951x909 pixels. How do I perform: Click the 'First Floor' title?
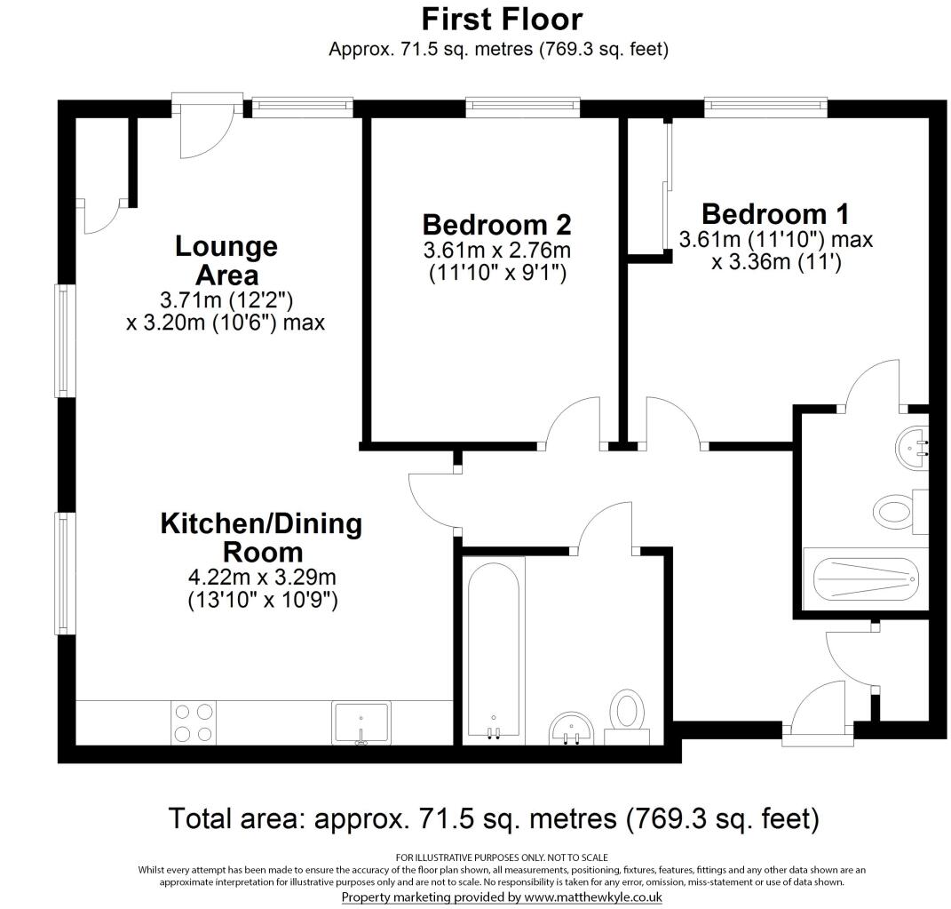coord(502,19)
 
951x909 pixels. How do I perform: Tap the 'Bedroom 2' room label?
coord(496,223)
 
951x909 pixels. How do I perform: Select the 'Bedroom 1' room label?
coord(775,214)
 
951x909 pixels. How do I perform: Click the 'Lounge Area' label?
coord(226,259)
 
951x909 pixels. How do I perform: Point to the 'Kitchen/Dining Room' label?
coord(261,537)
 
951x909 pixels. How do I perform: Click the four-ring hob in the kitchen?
coord(194,722)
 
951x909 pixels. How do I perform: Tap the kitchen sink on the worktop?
coord(361,722)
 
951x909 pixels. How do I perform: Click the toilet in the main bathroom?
coord(628,714)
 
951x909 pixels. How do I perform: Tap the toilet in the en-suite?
coord(897,512)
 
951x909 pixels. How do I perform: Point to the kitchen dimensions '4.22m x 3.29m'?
coord(261,577)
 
